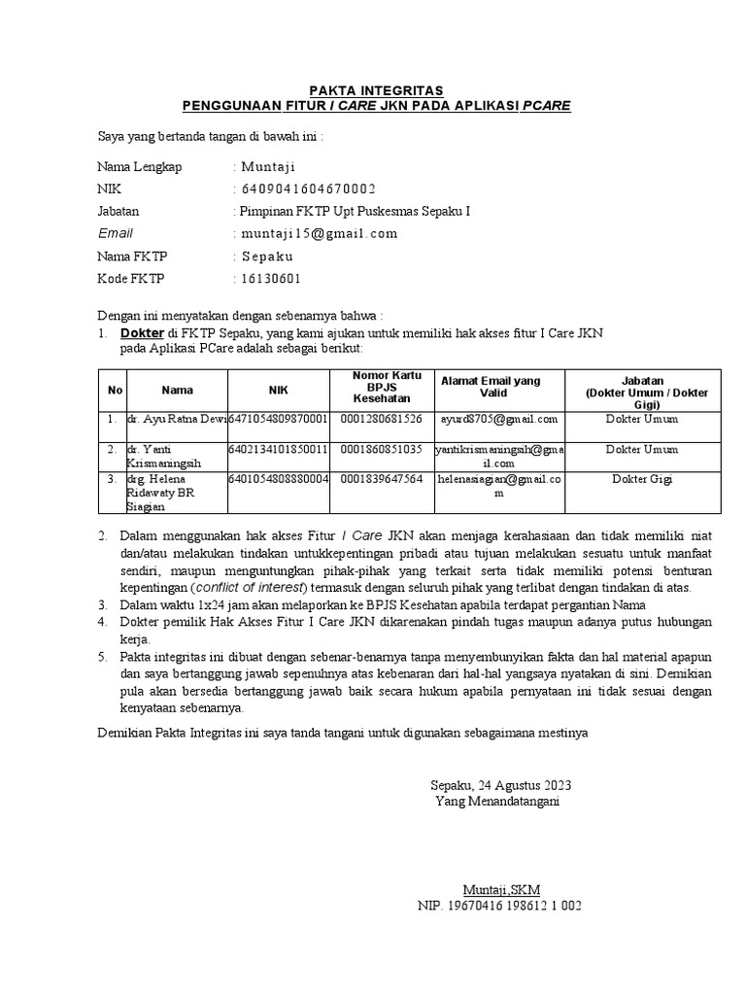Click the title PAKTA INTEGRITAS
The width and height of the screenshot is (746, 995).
[373, 89]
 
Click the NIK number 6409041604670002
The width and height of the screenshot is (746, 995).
[308, 189]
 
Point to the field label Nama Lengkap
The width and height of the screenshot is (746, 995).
[140, 166]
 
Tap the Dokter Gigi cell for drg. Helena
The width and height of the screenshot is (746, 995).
[641, 479]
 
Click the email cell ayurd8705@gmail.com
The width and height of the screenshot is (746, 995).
[499, 420]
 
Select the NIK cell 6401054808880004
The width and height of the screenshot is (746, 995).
[279, 479]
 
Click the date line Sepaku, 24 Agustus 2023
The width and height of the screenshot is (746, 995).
[501, 785]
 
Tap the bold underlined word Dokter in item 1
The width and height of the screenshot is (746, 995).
[142, 332]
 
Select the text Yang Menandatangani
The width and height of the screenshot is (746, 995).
[497, 802]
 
